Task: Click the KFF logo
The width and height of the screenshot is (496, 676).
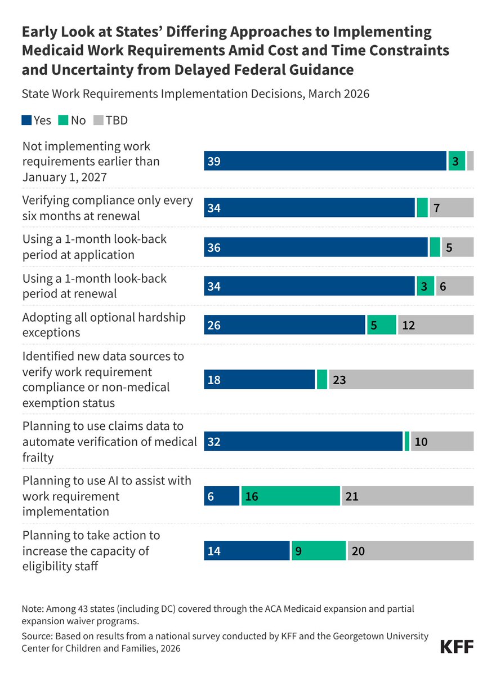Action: (x=457, y=647)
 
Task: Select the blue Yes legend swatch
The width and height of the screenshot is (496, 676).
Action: (x=26, y=120)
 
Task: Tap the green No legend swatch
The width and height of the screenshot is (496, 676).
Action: (x=63, y=120)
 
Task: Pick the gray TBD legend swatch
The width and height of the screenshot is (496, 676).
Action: (x=99, y=120)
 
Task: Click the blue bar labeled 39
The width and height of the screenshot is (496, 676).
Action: (x=325, y=161)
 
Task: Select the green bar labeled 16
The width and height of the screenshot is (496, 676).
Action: (x=291, y=496)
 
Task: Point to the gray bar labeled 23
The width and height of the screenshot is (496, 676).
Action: (x=401, y=379)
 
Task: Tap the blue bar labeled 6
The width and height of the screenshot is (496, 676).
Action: (x=222, y=496)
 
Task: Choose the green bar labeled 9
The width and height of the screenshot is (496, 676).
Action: (x=319, y=550)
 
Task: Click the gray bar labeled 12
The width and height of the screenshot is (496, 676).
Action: (x=436, y=324)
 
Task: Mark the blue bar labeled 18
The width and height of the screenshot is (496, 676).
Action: (x=260, y=379)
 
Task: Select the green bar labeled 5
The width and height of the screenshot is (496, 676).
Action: (x=381, y=324)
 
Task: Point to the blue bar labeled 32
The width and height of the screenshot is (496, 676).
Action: (x=303, y=441)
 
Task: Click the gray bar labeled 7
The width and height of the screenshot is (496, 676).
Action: (x=452, y=208)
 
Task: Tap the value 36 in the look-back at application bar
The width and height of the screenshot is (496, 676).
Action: (x=214, y=247)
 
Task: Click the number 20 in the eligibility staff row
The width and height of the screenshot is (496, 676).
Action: (x=358, y=551)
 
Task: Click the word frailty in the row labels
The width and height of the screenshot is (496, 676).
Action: (x=38, y=457)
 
